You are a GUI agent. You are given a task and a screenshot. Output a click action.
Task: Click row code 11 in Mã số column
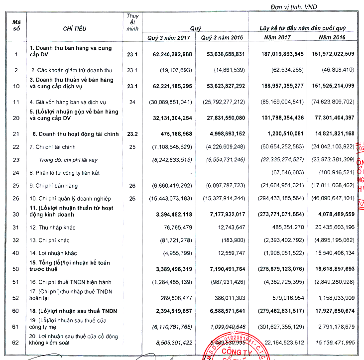click(x=16, y=102)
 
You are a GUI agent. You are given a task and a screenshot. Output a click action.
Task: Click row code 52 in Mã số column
click(x=16, y=298)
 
